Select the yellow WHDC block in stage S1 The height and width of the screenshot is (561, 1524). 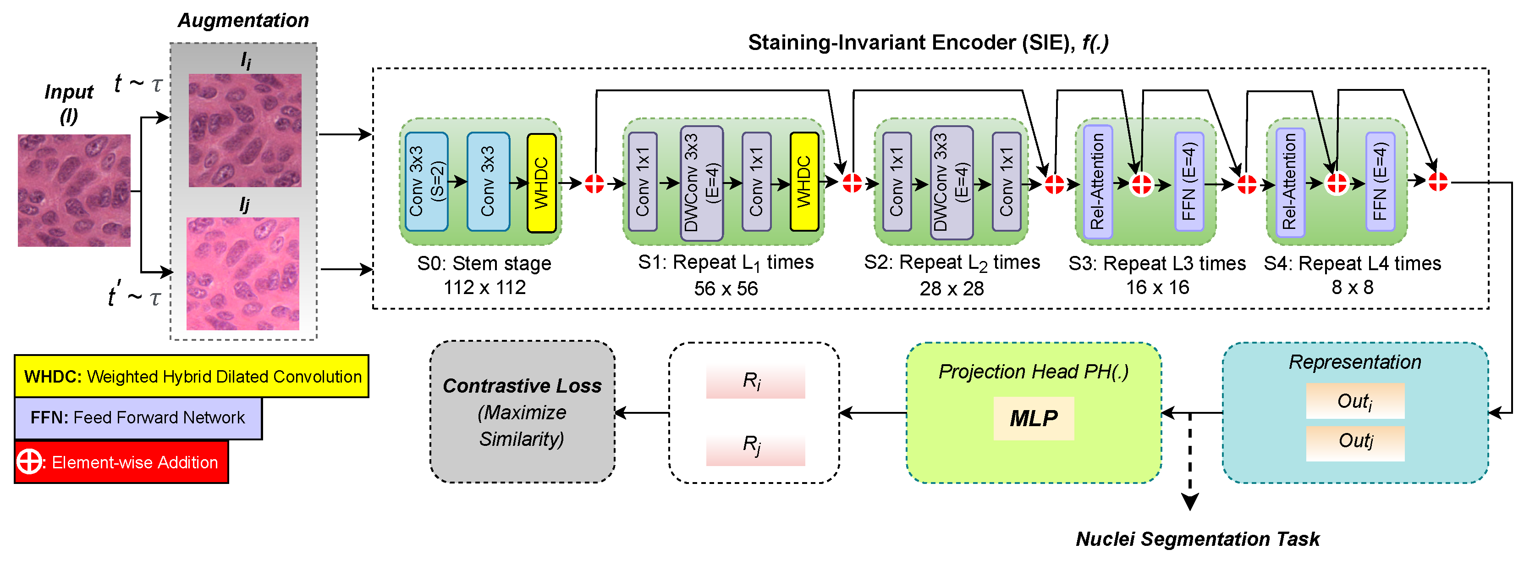tap(804, 182)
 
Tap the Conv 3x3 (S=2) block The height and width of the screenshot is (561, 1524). tap(427, 182)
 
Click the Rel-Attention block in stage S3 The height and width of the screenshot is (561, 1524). tap(1097, 182)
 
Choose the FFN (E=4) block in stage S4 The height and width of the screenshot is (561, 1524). tap(1380, 182)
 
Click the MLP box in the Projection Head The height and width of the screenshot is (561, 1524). tap(1033, 418)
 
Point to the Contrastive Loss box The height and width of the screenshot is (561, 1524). tap(522, 412)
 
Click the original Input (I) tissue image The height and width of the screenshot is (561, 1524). tap(74, 190)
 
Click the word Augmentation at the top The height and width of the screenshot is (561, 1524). tap(243, 20)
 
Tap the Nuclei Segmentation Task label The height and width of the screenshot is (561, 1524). tap(1197, 539)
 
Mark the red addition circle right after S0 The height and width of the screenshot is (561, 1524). tap(594, 183)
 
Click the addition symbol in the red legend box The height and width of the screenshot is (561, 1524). tap(29, 461)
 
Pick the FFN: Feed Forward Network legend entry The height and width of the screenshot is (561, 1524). tap(137, 418)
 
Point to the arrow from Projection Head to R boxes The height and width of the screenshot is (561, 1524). tap(873, 413)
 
